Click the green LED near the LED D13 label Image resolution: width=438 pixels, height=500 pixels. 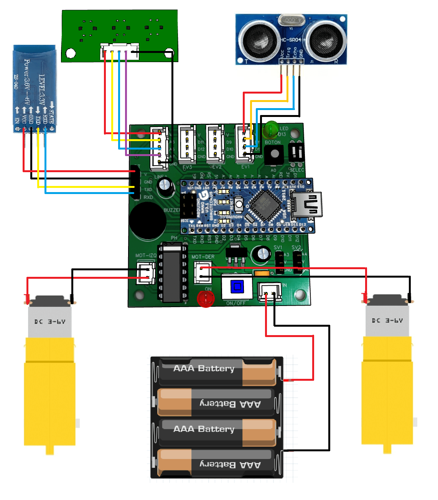pos(271,129)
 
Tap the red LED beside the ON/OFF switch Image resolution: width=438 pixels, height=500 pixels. pos(206,299)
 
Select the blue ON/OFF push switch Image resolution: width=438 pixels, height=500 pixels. pos(237,286)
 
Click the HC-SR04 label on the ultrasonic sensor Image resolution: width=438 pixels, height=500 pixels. pos(290,40)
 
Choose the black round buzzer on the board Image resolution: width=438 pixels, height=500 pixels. pos(147,220)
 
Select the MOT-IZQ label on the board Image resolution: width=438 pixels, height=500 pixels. pos(146,255)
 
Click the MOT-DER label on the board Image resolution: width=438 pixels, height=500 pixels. pos(203,257)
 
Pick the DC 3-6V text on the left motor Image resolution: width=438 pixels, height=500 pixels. pos(50,322)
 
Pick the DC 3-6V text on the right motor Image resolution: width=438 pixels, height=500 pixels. pos(387,321)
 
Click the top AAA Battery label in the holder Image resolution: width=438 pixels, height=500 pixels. pos(204,368)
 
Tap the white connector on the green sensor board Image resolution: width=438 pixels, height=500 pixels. pos(119,51)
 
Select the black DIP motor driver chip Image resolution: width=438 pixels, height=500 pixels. pos(172,272)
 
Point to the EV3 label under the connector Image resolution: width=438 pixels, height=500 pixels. pos(188,168)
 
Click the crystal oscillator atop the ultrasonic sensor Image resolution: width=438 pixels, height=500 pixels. pos(291,20)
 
